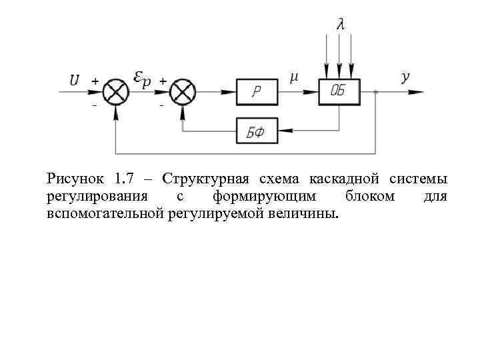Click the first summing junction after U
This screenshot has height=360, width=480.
point(117,92)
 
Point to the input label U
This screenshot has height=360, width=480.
point(75,80)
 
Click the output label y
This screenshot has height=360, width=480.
point(405,77)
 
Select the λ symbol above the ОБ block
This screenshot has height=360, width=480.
point(341,25)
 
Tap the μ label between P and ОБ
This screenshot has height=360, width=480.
point(294,77)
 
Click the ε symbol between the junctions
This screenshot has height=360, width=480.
point(137,77)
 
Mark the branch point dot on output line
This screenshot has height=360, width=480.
point(377,92)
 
